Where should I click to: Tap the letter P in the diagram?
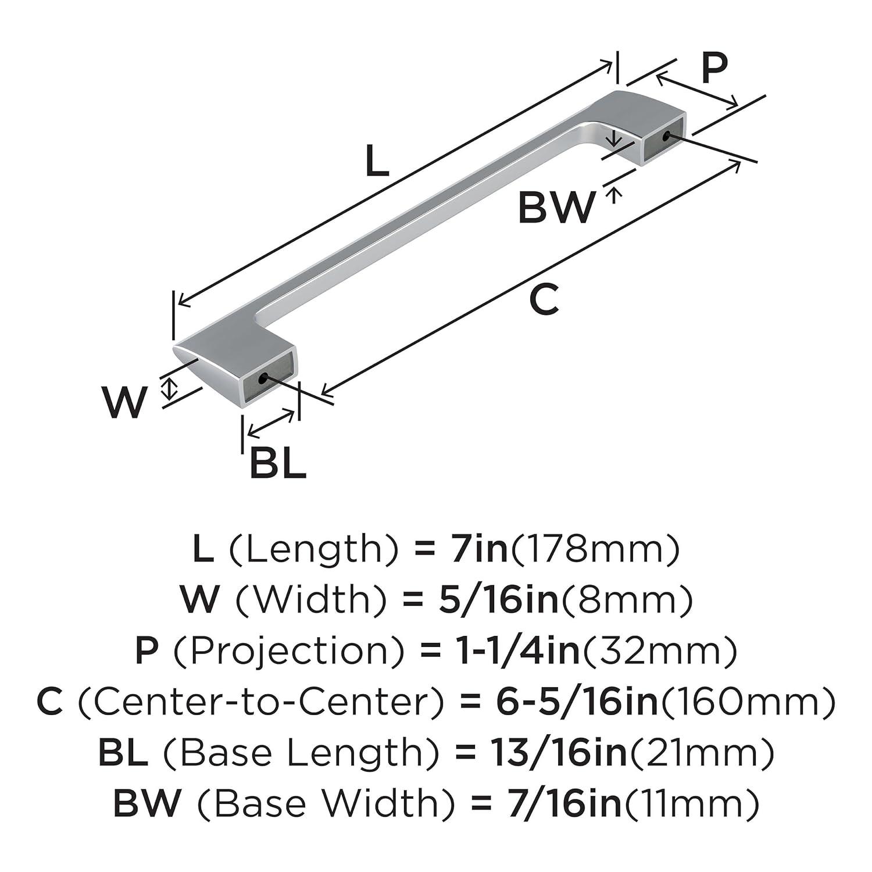(714, 67)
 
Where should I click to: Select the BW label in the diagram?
(557, 208)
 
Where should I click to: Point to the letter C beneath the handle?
(544, 300)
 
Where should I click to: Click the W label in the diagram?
(124, 402)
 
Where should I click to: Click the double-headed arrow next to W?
(169, 388)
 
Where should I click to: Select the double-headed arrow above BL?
(271, 423)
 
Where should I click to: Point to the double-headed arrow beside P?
(696, 91)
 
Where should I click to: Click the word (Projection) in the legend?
(289, 651)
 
